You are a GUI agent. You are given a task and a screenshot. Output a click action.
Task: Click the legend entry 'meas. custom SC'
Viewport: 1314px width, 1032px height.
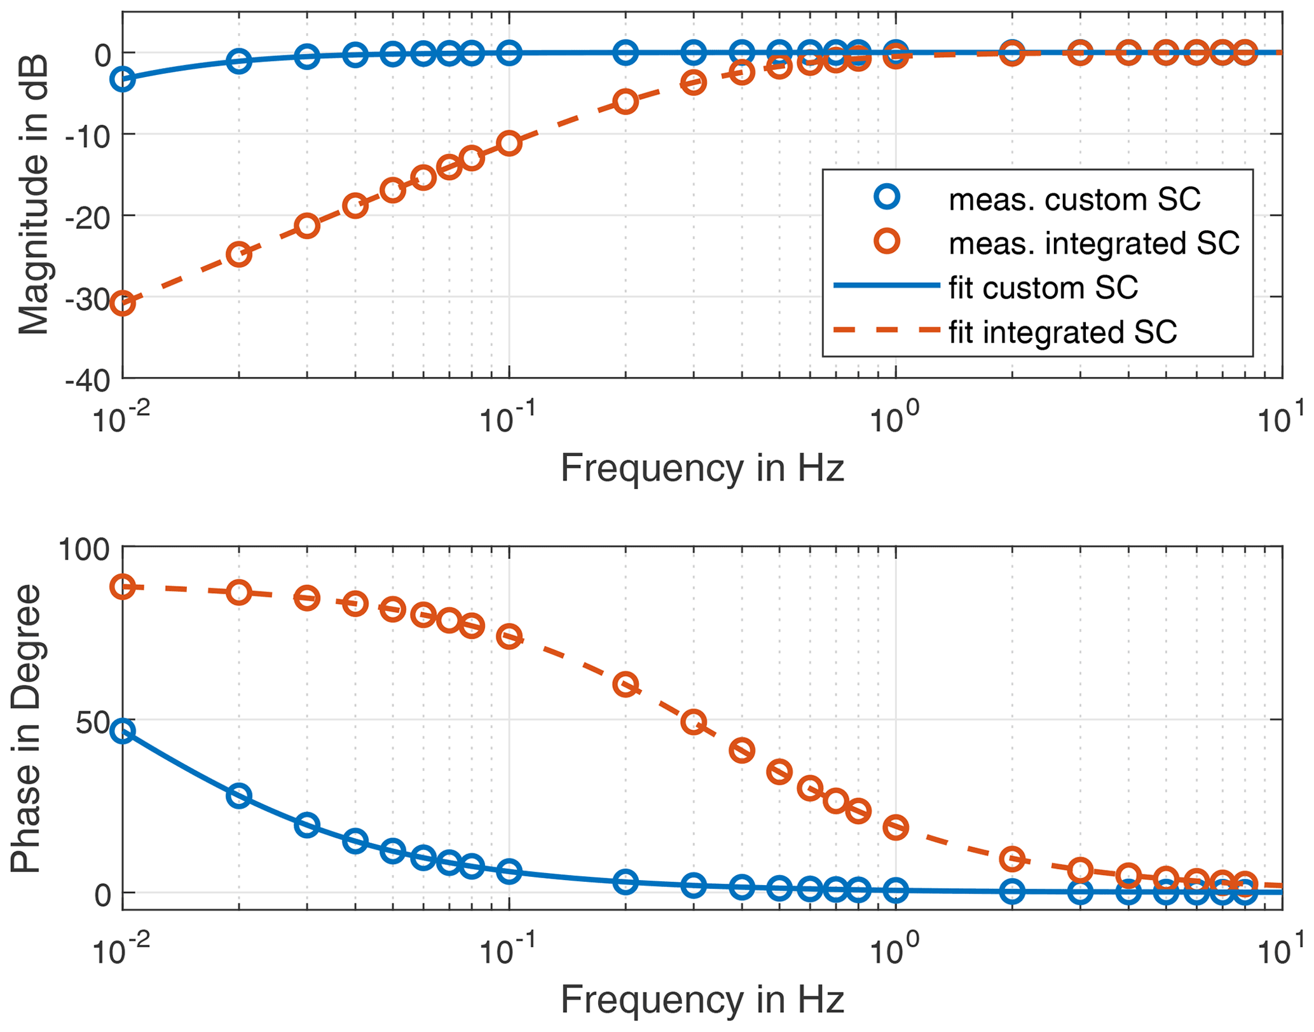tap(1074, 200)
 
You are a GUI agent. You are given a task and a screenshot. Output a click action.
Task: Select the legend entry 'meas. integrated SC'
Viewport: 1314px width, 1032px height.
tap(1093, 244)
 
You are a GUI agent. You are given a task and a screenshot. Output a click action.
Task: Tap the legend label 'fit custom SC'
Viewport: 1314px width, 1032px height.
tap(1043, 288)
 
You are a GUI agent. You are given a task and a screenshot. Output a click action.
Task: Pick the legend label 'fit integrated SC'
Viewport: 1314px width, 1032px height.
tap(1062, 332)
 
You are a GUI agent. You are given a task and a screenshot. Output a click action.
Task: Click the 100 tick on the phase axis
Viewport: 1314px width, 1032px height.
tap(84, 548)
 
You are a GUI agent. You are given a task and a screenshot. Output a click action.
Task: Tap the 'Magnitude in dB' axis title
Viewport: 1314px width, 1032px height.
tap(33, 194)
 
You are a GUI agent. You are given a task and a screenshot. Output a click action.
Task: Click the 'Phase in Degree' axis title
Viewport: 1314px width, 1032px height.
tap(27, 728)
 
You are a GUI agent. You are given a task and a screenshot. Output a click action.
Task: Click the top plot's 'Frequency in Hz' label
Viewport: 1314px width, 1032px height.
tap(702, 469)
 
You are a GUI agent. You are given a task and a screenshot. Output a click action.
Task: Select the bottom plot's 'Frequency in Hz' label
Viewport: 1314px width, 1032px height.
tap(702, 999)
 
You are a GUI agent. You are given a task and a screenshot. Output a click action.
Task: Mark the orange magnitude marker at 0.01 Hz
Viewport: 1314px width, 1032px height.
tap(122, 303)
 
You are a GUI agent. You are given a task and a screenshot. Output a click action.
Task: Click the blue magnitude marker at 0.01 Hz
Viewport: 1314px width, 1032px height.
tap(122, 79)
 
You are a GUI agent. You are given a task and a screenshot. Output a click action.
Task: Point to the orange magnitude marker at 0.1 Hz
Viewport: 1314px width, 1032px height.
tap(509, 144)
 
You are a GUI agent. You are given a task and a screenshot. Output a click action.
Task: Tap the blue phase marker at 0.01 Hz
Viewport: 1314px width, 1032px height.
tap(122, 731)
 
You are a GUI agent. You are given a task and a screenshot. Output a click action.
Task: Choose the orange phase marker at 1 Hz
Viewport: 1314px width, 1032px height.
tap(896, 827)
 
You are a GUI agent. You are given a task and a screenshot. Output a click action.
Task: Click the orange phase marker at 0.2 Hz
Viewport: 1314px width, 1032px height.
tap(626, 685)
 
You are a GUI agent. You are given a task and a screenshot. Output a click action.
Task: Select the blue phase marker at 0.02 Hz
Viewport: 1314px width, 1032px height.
tap(239, 795)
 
